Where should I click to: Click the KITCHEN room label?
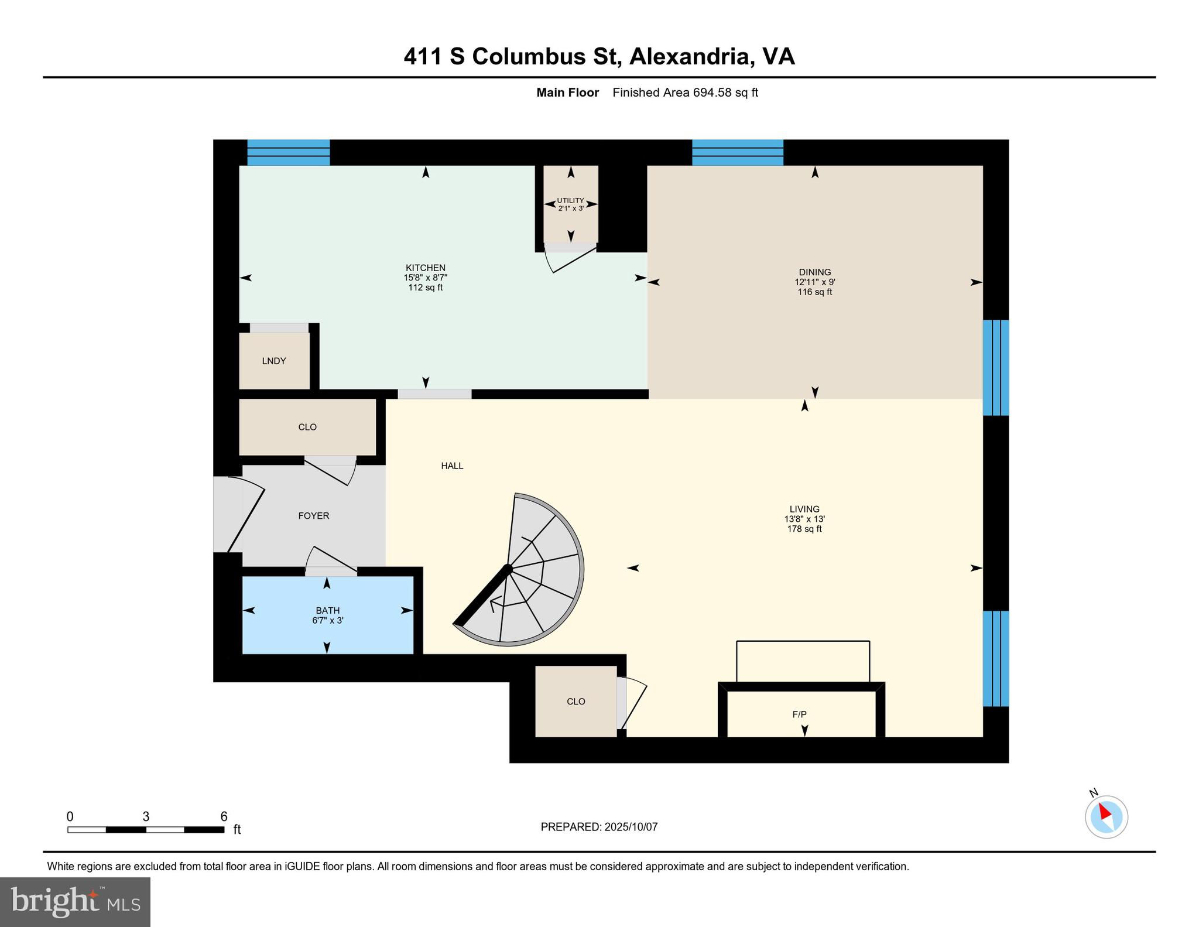click(426, 268)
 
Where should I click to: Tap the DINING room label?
click(814, 272)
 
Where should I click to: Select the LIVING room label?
click(804, 509)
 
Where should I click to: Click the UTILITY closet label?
click(570, 200)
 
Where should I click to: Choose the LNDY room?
click(274, 361)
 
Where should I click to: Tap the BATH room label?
click(328, 611)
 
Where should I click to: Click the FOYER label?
click(314, 516)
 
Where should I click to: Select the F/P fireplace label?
click(800, 714)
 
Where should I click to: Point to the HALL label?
click(452, 466)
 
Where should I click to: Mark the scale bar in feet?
click(146, 829)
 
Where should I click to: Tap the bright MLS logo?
click(76, 902)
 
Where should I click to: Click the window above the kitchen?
click(289, 152)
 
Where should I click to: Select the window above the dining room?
click(738, 152)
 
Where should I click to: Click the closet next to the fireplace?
click(576, 702)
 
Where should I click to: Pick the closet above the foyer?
click(307, 427)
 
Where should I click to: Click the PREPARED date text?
click(599, 827)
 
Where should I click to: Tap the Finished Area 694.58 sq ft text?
click(685, 93)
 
